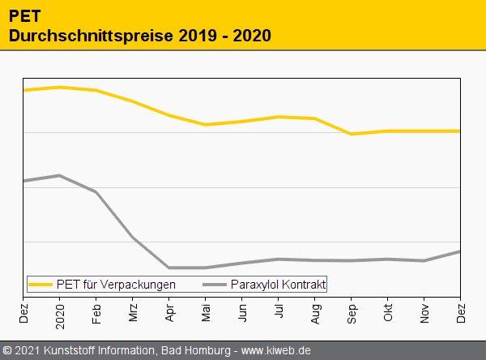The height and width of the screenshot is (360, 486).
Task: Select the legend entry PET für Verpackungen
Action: [x=116, y=285]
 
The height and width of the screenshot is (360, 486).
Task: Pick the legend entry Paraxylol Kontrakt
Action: [x=278, y=285]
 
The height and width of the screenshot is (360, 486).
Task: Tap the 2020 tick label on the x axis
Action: [x=60, y=312]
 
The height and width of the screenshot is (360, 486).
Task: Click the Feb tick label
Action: [x=96, y=311]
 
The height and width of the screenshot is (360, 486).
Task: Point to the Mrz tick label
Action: [x=133, y=311]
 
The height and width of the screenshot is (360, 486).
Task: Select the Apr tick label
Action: [x=169, y=311]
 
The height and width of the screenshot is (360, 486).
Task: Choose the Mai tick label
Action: [x=206, y=311]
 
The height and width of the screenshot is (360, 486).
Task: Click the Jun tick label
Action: [x=242, y=311]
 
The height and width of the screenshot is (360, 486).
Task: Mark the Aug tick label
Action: [x=315, y=311]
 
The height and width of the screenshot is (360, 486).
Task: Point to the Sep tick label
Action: [x=352, y=311]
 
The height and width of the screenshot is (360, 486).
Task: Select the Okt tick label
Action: [x=388, y=311]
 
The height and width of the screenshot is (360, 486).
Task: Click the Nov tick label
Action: [x=424, y=311]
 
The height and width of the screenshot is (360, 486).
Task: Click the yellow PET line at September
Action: [x=351, y=134]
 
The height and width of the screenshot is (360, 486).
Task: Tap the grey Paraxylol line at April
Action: [x=168, y=268]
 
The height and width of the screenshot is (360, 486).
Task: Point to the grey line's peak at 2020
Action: [x=59, y=175]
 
